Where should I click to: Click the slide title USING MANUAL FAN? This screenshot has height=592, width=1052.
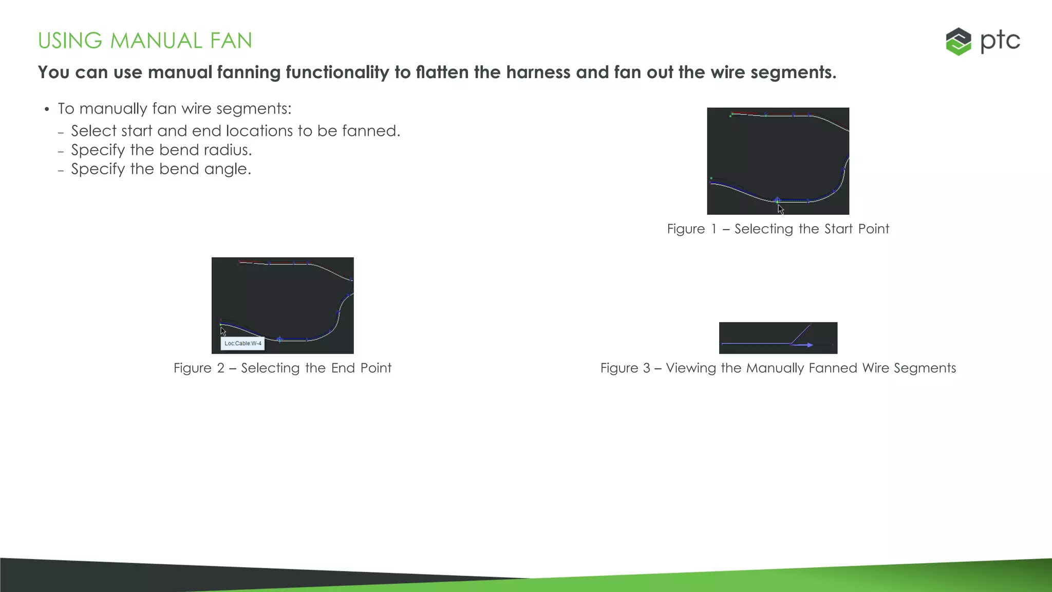145,41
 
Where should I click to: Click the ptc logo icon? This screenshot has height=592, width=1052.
958,41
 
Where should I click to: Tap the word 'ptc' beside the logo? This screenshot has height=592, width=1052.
1000,41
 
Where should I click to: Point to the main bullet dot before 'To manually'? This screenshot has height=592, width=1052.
47,109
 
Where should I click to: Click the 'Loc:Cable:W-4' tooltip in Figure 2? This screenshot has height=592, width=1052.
242,343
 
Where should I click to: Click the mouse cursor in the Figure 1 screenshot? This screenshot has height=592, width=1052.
780,209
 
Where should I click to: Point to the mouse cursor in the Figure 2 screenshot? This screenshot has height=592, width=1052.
223,331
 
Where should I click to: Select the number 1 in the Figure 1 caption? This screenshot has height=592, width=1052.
713,229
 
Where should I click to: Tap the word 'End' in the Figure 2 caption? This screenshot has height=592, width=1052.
343,368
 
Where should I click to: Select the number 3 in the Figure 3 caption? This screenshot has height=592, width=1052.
646,368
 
